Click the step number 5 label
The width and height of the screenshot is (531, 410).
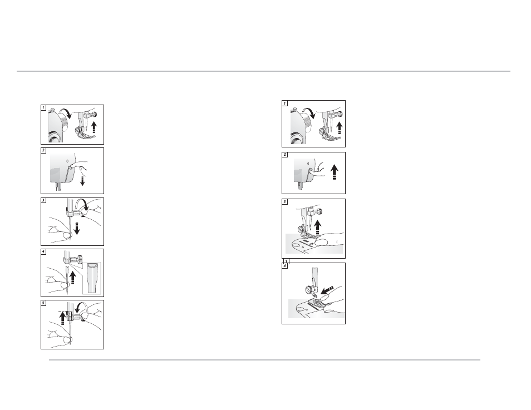[43, 303]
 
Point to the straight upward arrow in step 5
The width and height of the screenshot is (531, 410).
[62, 318]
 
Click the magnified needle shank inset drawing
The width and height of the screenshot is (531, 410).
[92, 278]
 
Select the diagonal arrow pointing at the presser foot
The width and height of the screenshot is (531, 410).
[327, 290]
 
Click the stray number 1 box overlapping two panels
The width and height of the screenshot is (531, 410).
[286, 261]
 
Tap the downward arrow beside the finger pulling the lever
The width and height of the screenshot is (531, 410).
[82, 179]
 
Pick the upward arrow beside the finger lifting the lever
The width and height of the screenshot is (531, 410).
[335, 172]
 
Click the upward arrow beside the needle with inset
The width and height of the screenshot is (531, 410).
[72, 278]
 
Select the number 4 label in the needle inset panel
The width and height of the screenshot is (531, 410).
[43, 252]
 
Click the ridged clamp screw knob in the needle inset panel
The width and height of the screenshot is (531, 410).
[80, 260]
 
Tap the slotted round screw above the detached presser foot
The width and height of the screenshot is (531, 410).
[309, 289]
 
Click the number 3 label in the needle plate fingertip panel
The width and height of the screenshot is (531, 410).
[284, 202]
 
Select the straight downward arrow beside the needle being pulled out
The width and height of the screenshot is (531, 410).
[77, 229]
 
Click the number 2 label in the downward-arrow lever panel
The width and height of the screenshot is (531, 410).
[43, 150]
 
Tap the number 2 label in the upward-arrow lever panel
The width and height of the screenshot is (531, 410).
[284, 155]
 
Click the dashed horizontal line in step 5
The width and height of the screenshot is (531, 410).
[63, 312]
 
